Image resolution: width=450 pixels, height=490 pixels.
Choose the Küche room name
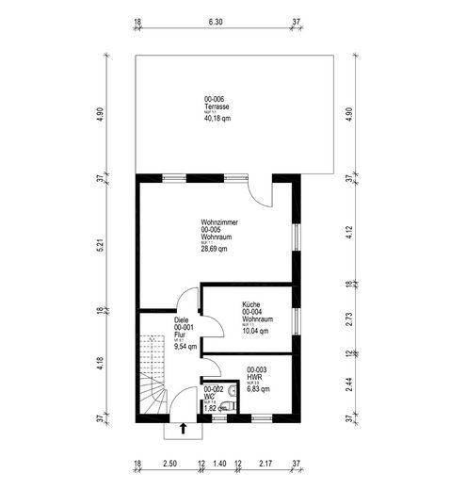[250, 304]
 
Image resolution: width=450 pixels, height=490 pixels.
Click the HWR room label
[253, 377]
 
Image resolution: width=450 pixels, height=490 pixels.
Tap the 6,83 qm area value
[258, 389]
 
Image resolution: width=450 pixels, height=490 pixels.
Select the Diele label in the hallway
[182, 320]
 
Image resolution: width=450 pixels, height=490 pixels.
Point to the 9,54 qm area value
[185, 347]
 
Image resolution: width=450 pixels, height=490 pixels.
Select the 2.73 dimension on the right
[349, 318]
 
